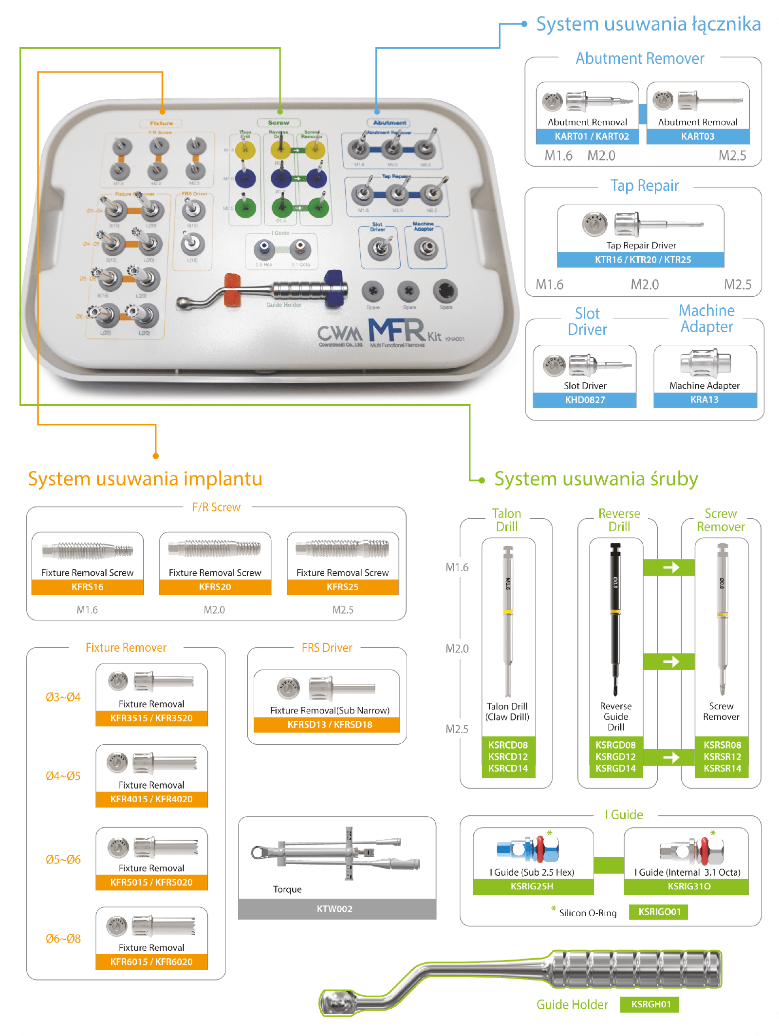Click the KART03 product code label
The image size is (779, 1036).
(x=698, y=136)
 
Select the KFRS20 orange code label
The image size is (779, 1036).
(x=215, y=587)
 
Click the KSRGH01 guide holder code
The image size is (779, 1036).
(x=650, y=1004)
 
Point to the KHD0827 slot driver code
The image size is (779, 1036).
(x=585, y=400)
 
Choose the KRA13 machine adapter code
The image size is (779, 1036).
(x=705, y=399)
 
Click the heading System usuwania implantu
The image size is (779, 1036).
(x=145, y=479)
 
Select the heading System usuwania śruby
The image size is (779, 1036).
(x=596, y=479)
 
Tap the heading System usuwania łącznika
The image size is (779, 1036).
(x=648, y=24)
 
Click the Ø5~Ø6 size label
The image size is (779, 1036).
(x=63, y=860)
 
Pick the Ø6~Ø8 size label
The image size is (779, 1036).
(x=63, y=939)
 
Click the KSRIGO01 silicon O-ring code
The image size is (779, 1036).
(x=659, y=912)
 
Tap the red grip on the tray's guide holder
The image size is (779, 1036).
(x=232, y=290)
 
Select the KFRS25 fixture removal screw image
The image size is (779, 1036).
(x=343, y=549)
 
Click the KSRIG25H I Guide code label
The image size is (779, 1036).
(x=532, y=886)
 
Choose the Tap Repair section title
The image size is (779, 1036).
(x=645, y=186)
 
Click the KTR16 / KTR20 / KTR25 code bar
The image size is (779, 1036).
(x=643, y=260)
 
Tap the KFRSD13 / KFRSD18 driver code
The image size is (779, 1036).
(x=330, y=725)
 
